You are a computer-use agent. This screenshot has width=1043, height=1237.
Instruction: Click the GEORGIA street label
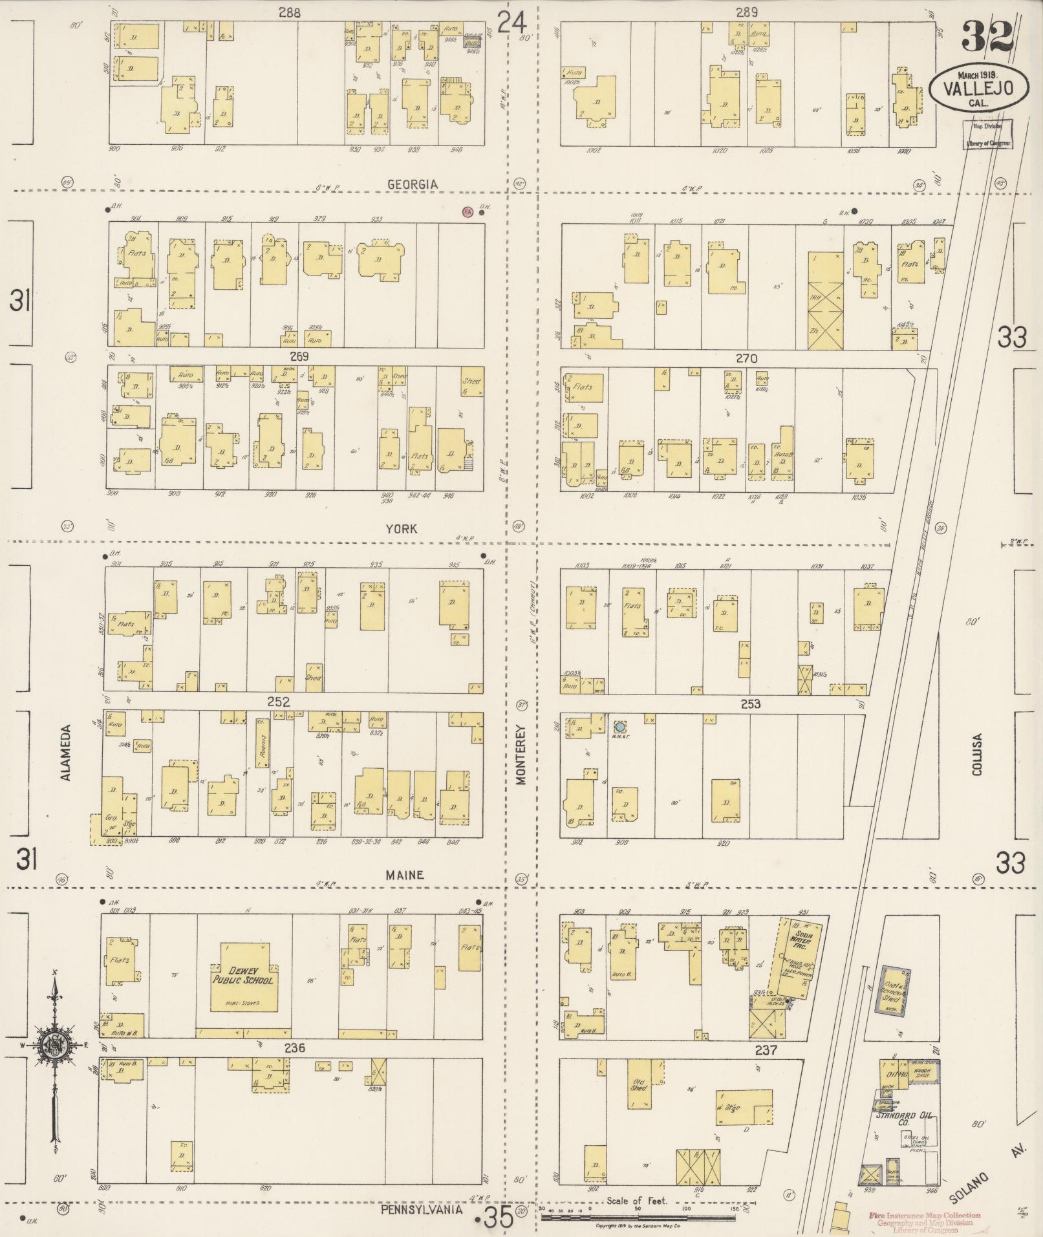[412, 184]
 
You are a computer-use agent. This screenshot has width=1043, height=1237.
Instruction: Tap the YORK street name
[401, 528]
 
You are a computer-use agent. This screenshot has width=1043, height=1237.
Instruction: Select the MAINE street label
[405, 874]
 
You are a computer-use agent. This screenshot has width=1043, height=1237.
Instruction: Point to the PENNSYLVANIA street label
[421, 1209]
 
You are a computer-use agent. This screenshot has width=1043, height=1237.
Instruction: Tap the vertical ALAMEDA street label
[66, 752]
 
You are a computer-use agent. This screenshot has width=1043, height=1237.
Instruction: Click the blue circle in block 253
[619, 726]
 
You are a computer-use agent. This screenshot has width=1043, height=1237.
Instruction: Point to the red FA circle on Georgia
[466, 211]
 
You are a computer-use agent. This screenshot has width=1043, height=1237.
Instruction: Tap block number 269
[299, 356]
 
